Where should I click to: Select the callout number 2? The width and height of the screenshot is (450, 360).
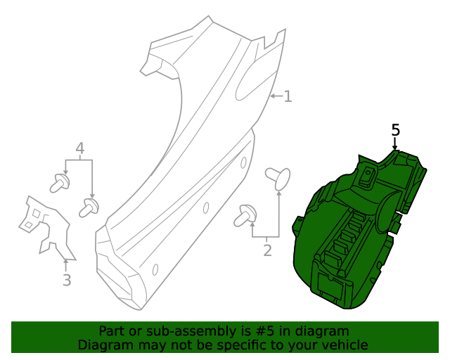[x=267, y=250]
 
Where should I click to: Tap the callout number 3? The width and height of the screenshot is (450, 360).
[x=66, y=281]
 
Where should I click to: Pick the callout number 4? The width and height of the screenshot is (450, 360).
[x=79, y=148]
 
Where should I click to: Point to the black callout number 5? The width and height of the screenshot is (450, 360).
[x=395, y=130]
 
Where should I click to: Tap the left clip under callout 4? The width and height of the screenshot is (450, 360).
[x=58, y=184]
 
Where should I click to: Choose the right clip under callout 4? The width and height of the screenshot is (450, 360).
[x=89, y=207]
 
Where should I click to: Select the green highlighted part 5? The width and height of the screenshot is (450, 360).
[x=352, y=232]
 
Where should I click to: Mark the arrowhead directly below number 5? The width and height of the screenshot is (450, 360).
[x=395, y=148]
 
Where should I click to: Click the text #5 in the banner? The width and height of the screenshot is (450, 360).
[x=267, y=331]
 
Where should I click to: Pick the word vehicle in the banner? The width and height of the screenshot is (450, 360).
[x=343, y=345]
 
